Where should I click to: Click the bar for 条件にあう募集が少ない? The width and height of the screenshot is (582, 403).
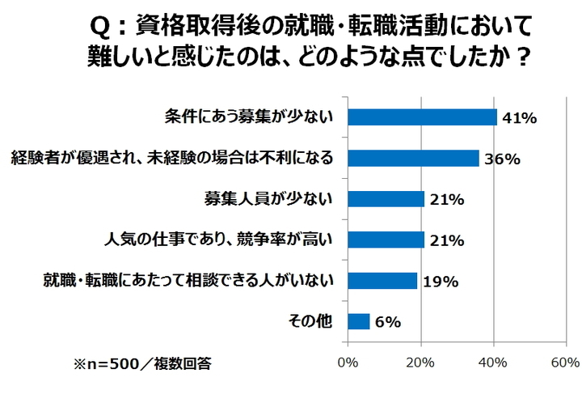(x=422, y=117)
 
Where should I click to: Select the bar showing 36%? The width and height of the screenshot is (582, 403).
(x=413, y=158)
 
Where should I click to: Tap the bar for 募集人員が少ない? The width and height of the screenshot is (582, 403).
(x=386, y=199)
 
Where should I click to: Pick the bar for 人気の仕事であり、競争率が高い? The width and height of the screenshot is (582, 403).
(x=386, y=240)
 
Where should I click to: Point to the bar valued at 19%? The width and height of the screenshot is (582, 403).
(x=382, y=281)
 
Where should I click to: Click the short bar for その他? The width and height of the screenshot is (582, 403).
(x=358, y=321)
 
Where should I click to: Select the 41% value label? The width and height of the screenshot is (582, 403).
(x=520, y=118)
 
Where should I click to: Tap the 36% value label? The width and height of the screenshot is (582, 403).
(x=502, y=159)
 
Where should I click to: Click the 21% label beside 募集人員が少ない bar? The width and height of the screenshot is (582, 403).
(x=446, y=200)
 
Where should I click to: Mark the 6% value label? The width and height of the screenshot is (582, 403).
(x=389, y=322)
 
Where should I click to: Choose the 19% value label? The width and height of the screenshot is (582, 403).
(x=441, y=282)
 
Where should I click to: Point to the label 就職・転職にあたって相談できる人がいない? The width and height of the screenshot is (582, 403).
(x=188, y=281)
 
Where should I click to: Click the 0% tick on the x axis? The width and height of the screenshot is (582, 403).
(x=348, y=363)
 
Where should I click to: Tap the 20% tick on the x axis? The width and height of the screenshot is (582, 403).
(x=420, y=363)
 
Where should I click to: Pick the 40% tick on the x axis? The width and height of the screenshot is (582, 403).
(x=493, y=363)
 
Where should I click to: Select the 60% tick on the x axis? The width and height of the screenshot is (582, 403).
(x=564, y=363)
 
